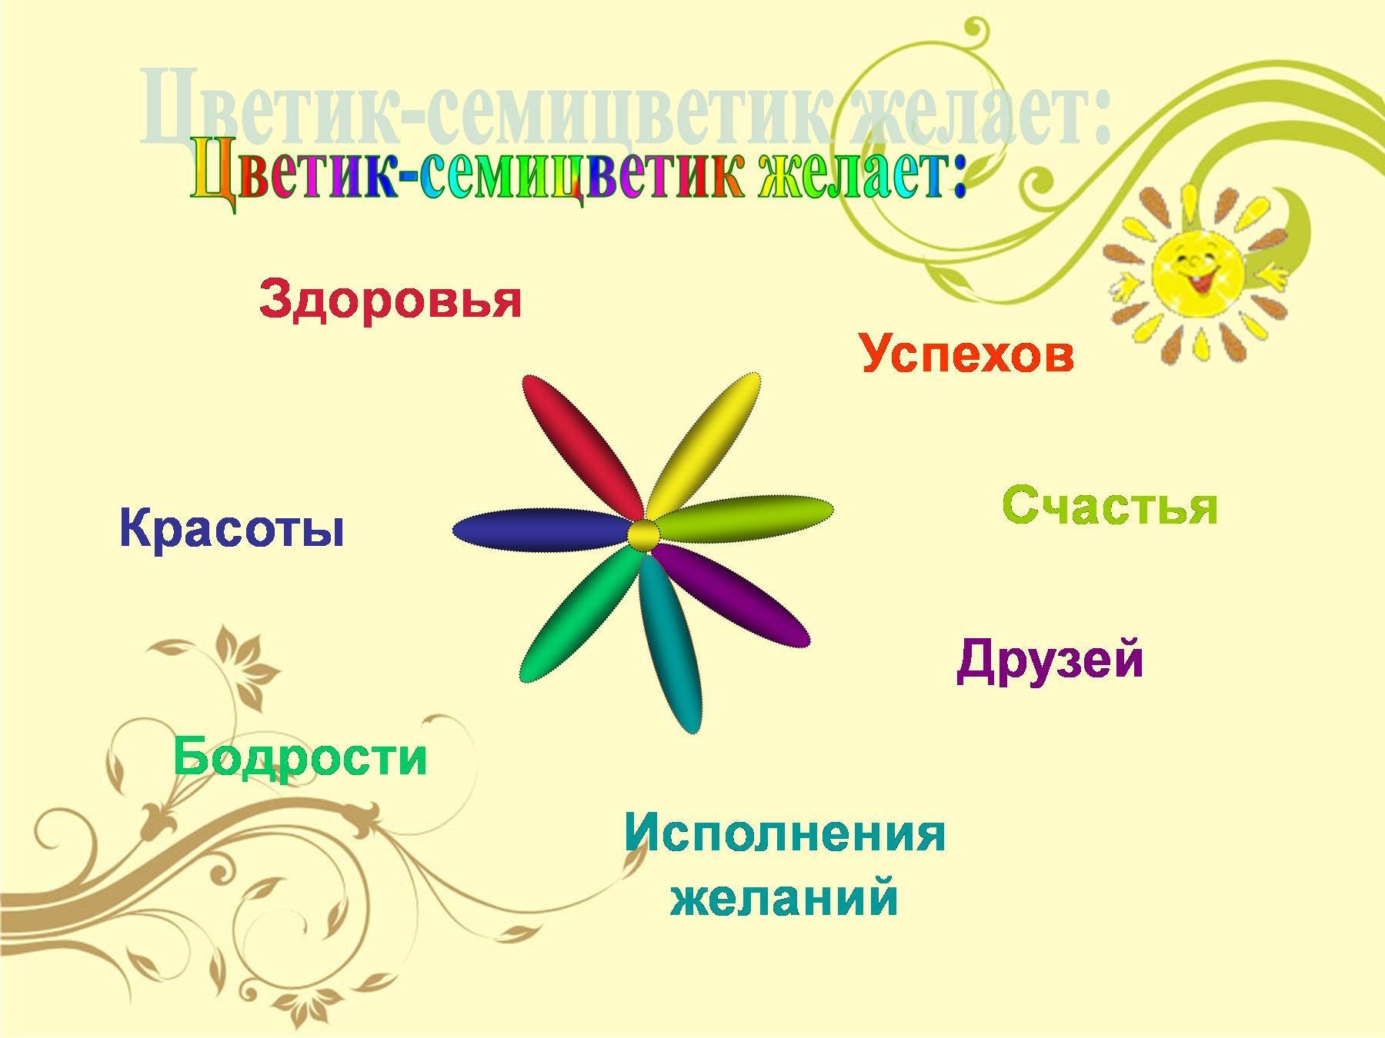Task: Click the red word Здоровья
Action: click(390, 300)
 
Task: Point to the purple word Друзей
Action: click(1050, 660)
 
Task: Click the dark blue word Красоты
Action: click(231, 529)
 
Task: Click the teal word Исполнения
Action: click(784, 833)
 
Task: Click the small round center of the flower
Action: click(643, 535)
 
